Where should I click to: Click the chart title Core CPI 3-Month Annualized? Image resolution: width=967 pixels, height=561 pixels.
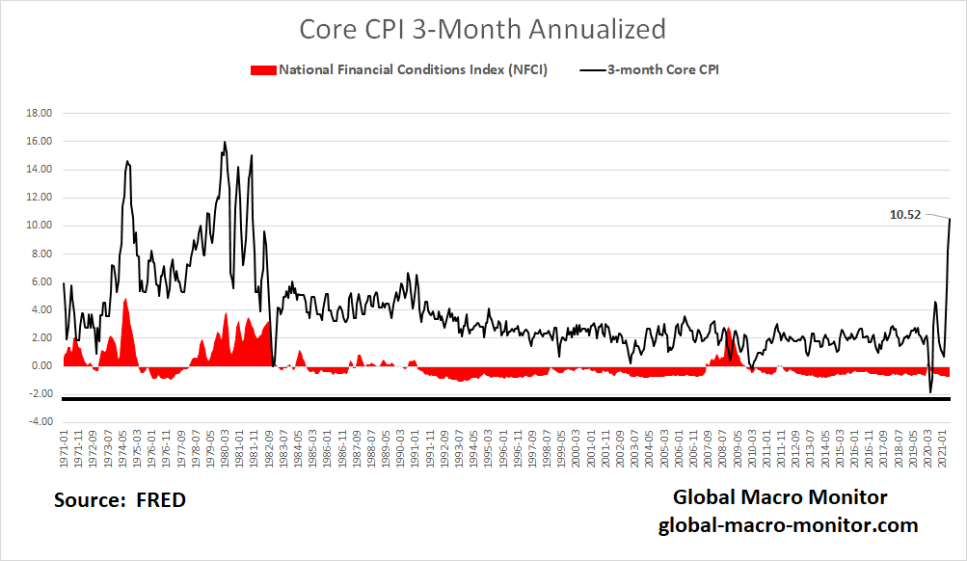coord(482,29)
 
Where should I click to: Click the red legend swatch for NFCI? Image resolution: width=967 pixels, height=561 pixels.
coord(262,70)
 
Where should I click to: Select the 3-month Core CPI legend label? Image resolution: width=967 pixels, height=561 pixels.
coord(664,70)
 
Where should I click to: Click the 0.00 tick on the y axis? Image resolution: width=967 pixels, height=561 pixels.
coord(40,366)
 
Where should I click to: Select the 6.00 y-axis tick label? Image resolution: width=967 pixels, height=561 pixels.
coord(40,281)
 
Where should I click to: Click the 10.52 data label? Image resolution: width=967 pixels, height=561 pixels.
coord(906,215)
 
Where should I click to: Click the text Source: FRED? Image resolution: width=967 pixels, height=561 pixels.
coord(120,500)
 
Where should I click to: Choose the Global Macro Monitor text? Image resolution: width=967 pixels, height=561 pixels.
coord(779,497)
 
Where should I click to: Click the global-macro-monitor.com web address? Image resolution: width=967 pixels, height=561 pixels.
coord(788,525)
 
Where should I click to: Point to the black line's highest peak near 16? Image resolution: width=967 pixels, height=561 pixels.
coord(225,143)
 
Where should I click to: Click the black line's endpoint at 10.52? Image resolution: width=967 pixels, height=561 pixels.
coord(950,219)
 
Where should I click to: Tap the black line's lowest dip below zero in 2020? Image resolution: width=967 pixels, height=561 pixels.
coord(930,392)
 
